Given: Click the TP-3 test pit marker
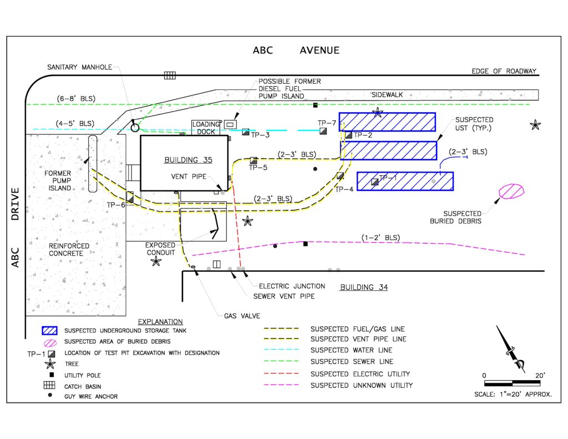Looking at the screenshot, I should point(246,132).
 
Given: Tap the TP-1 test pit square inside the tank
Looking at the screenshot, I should point(375,181).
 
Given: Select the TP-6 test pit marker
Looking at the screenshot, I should point(130,196).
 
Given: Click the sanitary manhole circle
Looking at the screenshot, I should point(135,128).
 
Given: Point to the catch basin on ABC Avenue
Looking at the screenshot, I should point(170,75).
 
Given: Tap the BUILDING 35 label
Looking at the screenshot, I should point(188,160).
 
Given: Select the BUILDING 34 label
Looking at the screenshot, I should point(364,287).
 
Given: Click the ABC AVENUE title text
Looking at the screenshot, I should point(296,51).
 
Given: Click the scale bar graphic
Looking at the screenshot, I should point(513,383).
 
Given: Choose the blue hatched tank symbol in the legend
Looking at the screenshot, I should point(50,331).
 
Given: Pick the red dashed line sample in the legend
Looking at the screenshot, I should point(281,374).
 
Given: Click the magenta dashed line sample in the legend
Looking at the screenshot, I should point(281,385).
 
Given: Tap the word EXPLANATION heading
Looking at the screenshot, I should point(160,321).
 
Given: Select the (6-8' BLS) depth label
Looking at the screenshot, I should point(76,99).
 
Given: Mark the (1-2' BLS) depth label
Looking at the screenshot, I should point(380,238).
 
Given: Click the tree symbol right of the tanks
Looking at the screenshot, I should point(535,125).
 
